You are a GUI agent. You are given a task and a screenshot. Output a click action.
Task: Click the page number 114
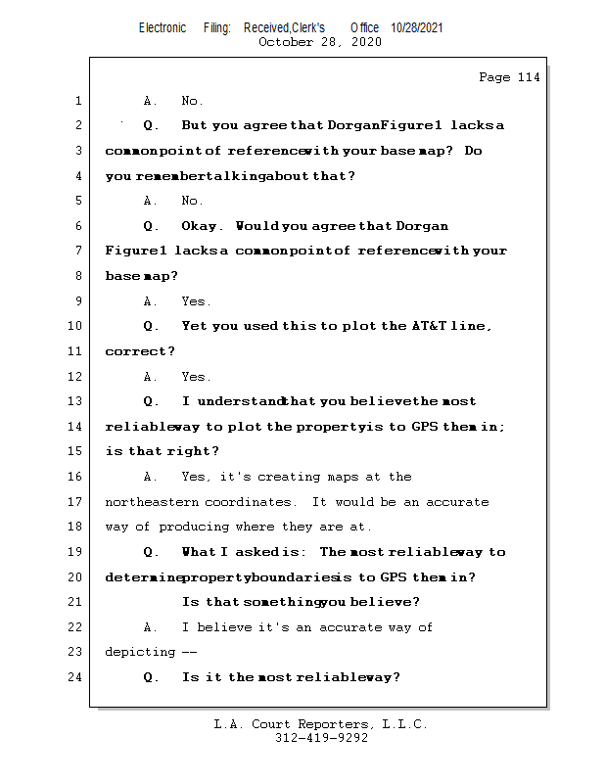529,77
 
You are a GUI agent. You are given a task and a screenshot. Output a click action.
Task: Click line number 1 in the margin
77,101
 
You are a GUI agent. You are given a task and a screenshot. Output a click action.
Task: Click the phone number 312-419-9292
321,738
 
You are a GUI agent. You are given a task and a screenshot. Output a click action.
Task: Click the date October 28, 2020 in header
320,42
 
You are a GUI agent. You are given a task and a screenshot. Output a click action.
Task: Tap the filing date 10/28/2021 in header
416,27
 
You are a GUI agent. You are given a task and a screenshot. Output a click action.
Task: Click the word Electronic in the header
163,27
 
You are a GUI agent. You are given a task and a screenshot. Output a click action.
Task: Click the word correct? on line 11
140,351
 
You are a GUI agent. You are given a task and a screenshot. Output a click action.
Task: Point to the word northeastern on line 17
152,502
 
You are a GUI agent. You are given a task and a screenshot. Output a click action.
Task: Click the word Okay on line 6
204,226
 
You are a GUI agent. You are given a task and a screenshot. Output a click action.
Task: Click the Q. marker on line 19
151,552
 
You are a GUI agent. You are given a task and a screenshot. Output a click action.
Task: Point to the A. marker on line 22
151,627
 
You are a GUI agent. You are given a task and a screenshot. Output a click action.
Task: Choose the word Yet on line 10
195,326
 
